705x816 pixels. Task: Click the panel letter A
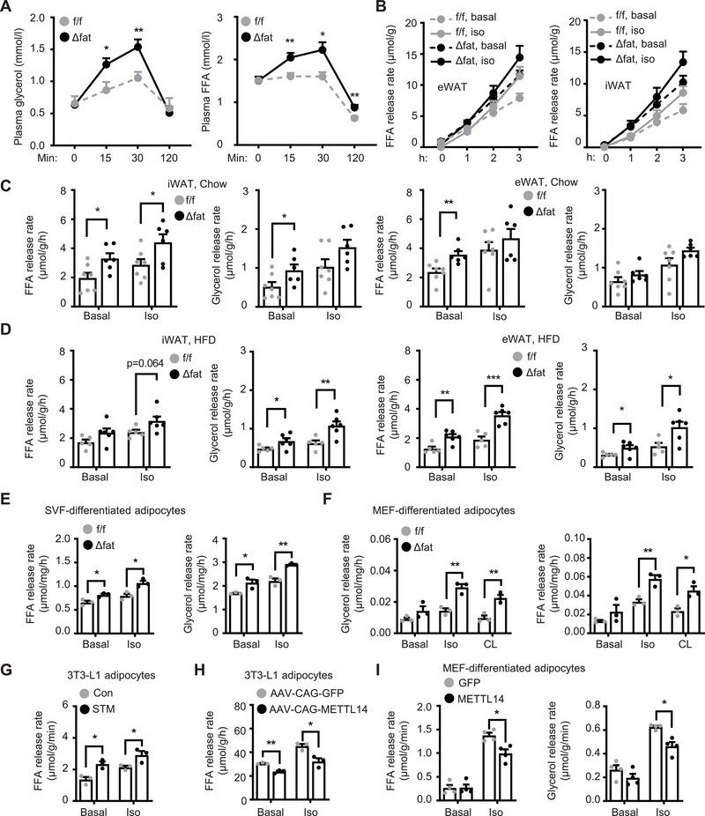(8, 8)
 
